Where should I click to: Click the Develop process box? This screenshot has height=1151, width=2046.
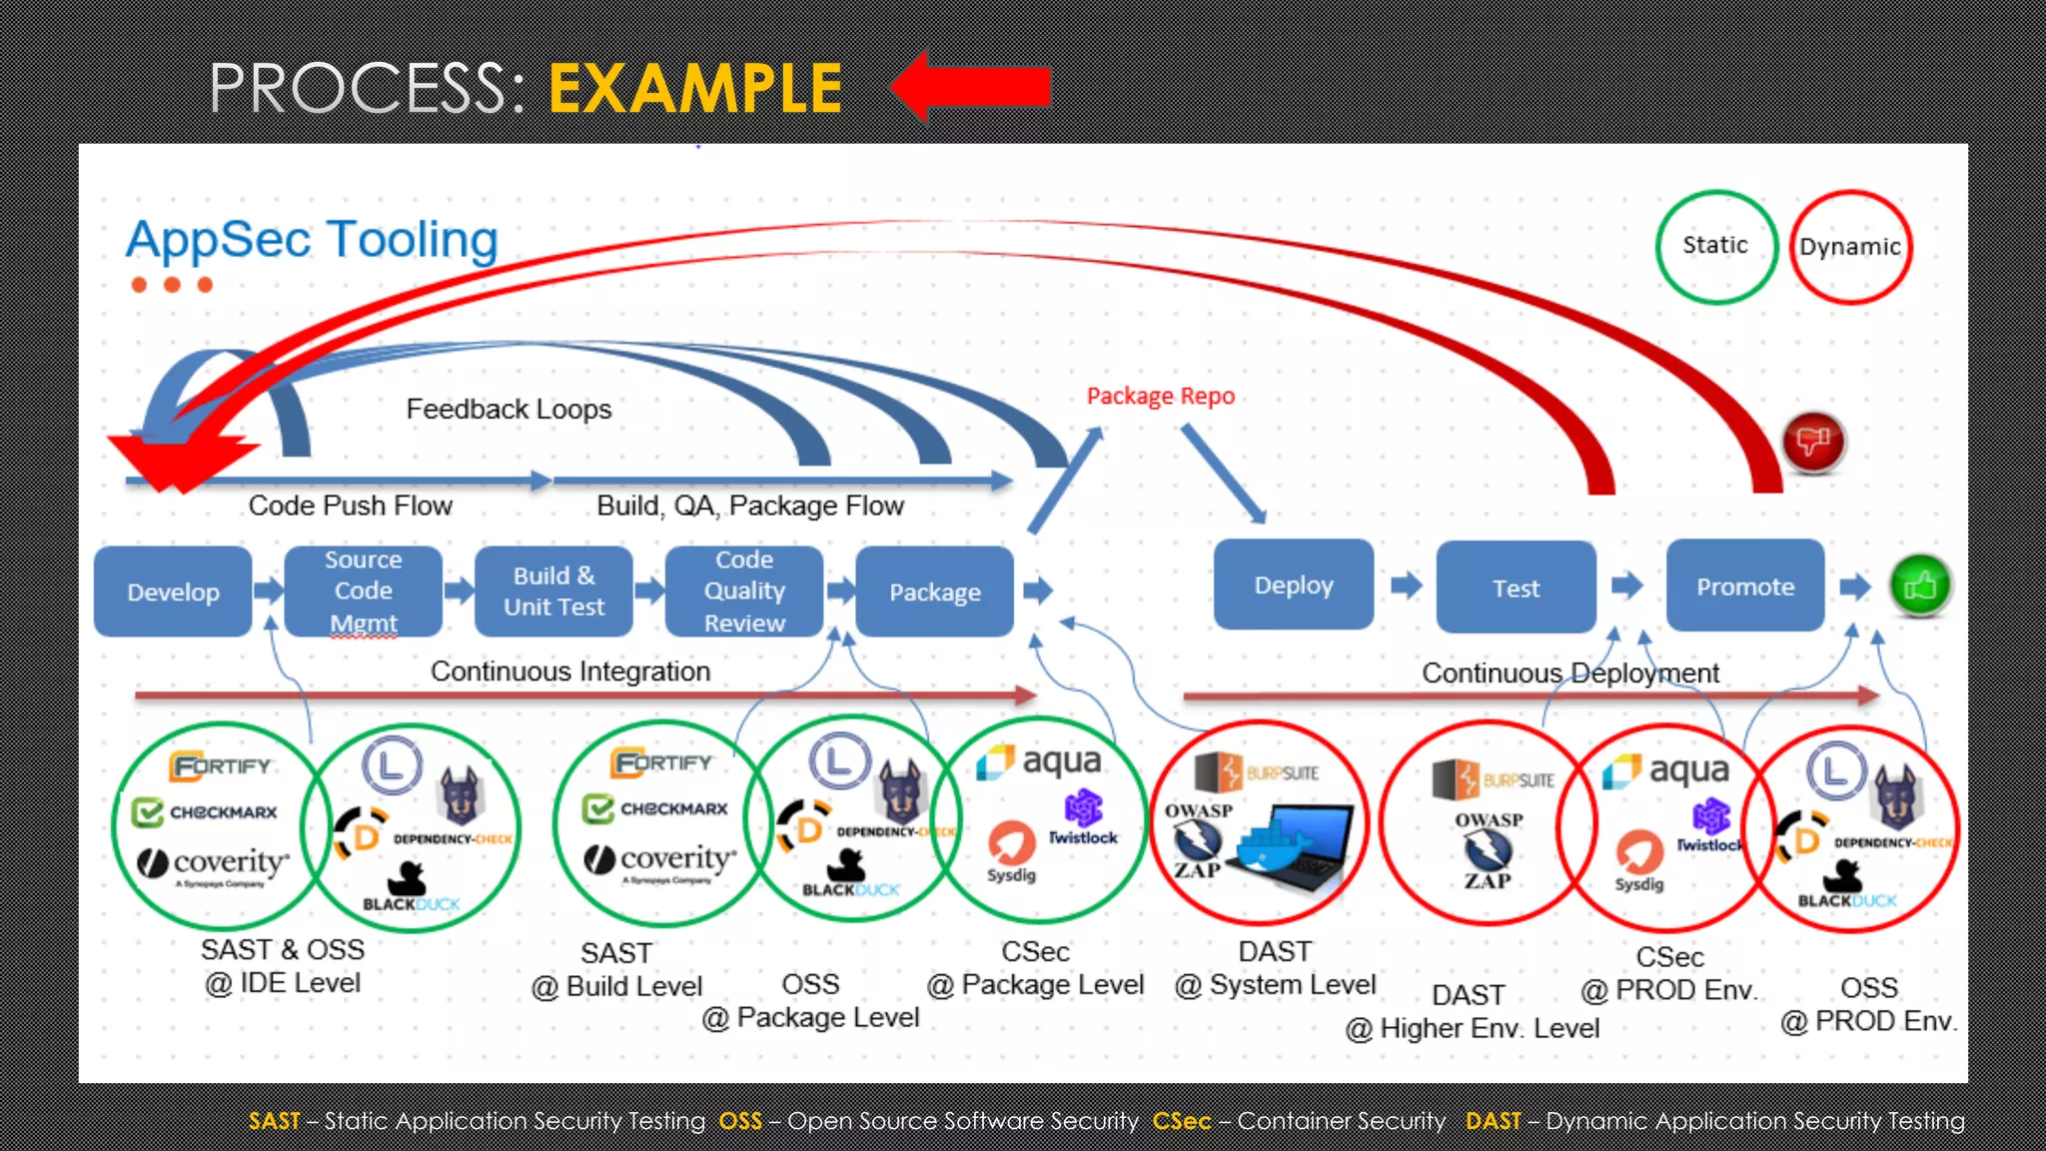[173, 591]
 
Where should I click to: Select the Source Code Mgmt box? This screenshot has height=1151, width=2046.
[363, 591]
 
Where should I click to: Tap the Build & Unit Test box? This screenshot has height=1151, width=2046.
[553, 591]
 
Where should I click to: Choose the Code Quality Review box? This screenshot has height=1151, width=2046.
[744, 591]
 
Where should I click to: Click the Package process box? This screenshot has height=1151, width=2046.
[935, 591]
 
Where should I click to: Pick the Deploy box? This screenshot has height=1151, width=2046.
[1294, 585]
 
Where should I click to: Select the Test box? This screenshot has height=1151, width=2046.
[1516, 587]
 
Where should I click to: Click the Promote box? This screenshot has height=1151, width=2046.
[1745, 586]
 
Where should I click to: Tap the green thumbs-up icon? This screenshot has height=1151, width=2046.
[1920, 586]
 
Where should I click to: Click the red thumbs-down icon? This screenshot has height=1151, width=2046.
[1813, 441]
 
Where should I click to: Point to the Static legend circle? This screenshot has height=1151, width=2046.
[1715, 246]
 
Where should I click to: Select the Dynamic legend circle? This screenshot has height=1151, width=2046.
[1850, 247]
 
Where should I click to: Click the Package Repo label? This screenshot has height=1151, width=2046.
[1160, 397]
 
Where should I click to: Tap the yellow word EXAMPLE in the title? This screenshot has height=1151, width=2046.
[695, 89]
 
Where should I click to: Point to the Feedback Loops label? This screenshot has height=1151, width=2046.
[509, 410]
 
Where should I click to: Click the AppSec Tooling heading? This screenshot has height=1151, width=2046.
[312, 240]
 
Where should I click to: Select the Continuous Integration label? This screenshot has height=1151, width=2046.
[570, 671]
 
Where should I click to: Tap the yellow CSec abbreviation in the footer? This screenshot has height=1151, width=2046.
[1181, 1121]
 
